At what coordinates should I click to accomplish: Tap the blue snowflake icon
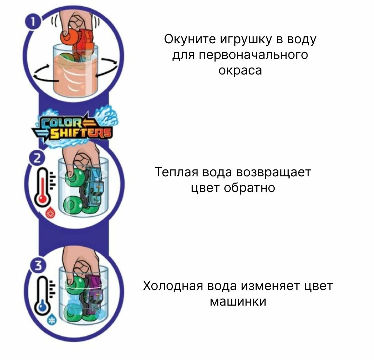(52, 320)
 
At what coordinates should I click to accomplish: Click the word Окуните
(190, 39)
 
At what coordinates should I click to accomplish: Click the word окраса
(240, 70)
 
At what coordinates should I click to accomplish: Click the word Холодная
(173, 286)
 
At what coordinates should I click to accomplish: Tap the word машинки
(238, 301)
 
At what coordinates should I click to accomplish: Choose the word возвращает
(274, 172)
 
